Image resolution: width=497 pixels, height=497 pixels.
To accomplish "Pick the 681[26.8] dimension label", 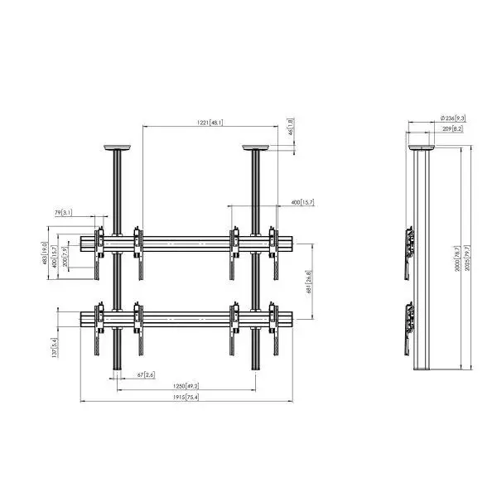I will pos(308,281).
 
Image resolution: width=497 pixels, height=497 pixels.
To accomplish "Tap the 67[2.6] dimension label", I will pos(145,375).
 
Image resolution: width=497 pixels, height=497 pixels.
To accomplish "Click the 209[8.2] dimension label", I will pos(451,129).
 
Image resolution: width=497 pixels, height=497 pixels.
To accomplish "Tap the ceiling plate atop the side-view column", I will pos(422,150).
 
